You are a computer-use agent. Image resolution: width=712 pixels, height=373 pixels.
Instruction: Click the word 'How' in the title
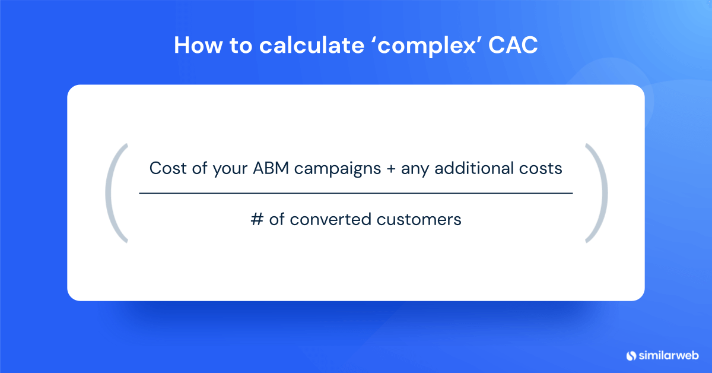(198, 45)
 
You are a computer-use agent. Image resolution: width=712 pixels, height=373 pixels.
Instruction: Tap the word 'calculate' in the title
(311, 45)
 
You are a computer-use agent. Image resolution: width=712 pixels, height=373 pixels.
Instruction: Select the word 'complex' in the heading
(427, 47)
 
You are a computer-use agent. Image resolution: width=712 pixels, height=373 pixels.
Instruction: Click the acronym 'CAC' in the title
(513, 45)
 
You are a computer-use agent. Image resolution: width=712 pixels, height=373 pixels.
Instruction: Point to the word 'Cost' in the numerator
(168, 168)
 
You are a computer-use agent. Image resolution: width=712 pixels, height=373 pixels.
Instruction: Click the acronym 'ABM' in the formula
(271, 168)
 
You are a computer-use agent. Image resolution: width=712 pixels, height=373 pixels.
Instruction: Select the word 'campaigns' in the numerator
(337, 170)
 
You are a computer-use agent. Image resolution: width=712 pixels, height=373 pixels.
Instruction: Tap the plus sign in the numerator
(391, 169)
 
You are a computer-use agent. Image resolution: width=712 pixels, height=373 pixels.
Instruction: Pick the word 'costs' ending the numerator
(541, 168)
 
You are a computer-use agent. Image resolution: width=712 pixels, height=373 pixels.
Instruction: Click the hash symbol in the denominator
(257, 219)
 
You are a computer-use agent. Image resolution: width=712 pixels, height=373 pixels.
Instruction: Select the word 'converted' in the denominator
(330, 219)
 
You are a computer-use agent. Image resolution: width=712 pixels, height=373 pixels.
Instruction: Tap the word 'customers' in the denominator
(419, 219)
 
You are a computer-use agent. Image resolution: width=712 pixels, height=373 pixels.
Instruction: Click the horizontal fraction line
(355, 193)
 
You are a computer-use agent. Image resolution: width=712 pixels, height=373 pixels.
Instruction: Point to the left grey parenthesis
(109, 193)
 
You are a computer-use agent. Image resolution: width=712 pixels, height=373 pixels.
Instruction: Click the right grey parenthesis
(605, 193)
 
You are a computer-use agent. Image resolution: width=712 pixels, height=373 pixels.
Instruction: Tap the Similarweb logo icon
(631, 356)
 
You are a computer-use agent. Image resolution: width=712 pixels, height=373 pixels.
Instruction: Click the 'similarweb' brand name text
(669, 355)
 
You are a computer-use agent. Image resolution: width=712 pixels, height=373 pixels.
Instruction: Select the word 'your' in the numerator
(230, 170)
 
